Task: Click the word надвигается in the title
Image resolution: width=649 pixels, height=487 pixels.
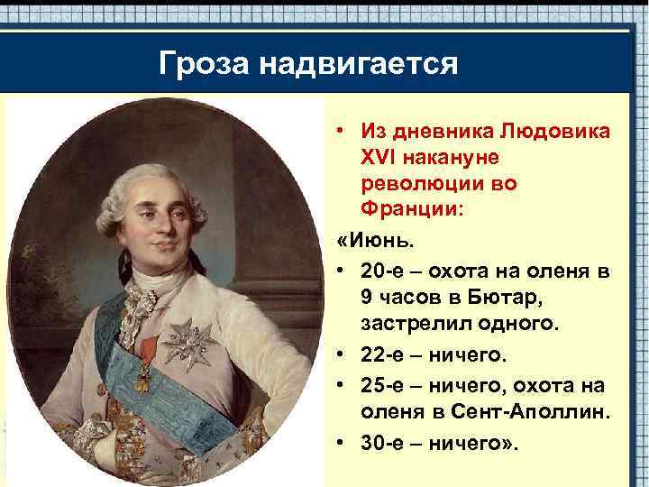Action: tap(359, 65)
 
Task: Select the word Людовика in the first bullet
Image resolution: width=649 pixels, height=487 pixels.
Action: tap(554, 132)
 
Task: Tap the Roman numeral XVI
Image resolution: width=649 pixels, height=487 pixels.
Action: tap(380, 158)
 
